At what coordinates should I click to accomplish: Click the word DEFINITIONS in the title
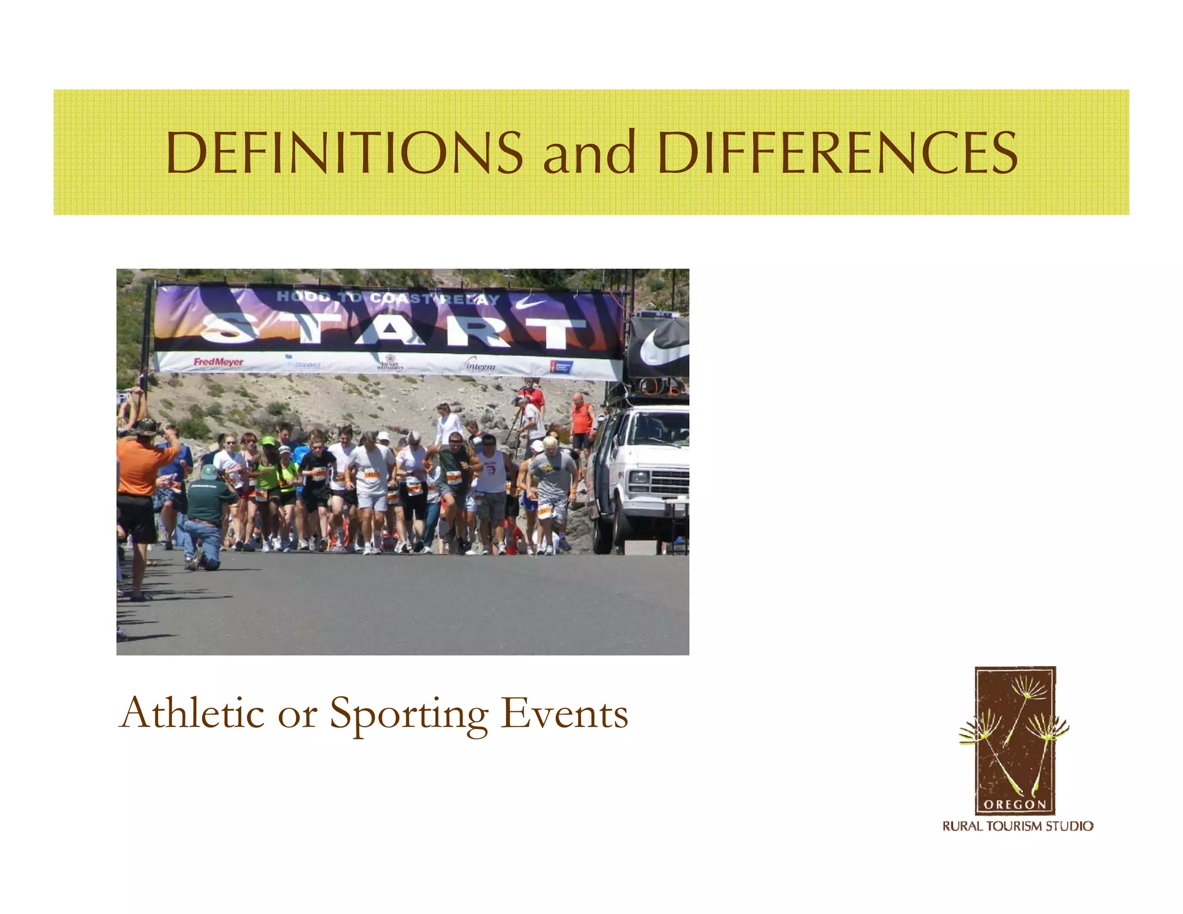[344, 153]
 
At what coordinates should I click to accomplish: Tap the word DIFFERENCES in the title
[837, 153]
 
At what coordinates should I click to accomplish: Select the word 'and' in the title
[589, 153]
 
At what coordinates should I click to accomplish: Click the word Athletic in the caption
[191, 714]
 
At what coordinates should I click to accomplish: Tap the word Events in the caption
[564, 714]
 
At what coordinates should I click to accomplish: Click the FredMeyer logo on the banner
[218, 362]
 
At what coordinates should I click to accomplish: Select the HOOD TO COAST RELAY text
[388, 298]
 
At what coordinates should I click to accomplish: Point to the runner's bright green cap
[268, 441]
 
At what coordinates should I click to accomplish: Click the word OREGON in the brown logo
[1015, 804]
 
